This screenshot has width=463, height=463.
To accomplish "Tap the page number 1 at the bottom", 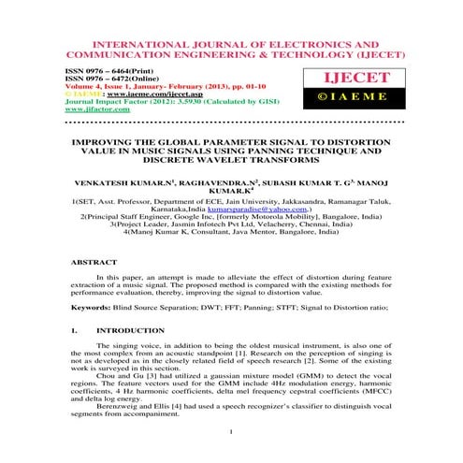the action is point(231,432).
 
